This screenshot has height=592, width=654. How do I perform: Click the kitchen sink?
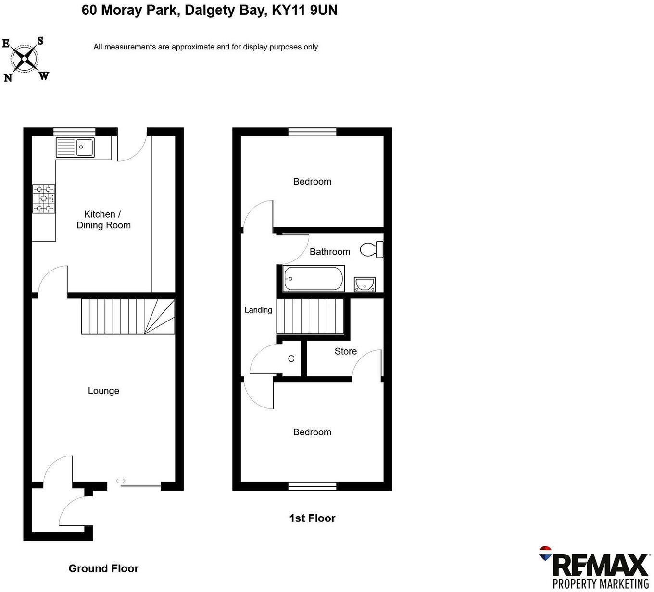coord(75,147)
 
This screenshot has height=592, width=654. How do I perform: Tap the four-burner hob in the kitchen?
coord(44,198)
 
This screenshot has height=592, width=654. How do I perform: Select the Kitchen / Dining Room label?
coord(103,220)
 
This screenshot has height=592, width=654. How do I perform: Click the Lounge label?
coord(103,391)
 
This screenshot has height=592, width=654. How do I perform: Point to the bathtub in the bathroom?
coord(314,278)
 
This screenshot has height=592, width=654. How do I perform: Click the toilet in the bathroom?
coord(372,249)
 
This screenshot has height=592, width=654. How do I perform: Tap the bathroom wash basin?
coord(365,284)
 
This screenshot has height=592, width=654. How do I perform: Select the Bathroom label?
coord(329,252)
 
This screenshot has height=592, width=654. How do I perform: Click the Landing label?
coord(258,310)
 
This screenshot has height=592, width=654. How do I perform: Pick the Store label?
coord(345,351)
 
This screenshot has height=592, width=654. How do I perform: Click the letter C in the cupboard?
coord(291,359)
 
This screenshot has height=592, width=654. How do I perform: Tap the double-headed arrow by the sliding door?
coord(120,481)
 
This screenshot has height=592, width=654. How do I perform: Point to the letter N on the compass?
coord(8,77)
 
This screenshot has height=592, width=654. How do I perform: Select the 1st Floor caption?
coord(312,518)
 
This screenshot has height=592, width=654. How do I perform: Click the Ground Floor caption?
coord(103,568)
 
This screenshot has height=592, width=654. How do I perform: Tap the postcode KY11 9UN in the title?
coord(305,10)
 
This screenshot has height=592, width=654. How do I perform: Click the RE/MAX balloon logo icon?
coord(545,553)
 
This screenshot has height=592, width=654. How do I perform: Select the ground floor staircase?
coord(127,316)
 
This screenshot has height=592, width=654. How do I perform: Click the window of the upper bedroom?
coord(312,132)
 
